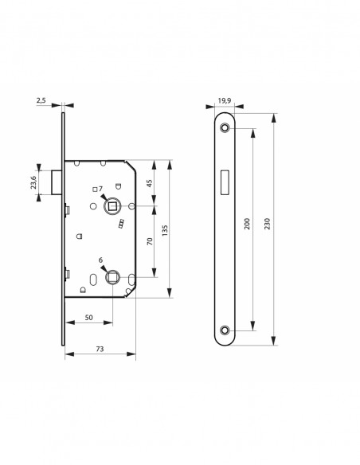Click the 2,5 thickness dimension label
41,100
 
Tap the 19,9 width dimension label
225,100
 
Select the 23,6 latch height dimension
33,182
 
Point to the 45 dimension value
150,183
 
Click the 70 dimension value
150,240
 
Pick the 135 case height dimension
165,230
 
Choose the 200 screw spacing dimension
247,224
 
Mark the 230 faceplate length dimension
267,224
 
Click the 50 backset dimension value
88,318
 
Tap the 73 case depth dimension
100,349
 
